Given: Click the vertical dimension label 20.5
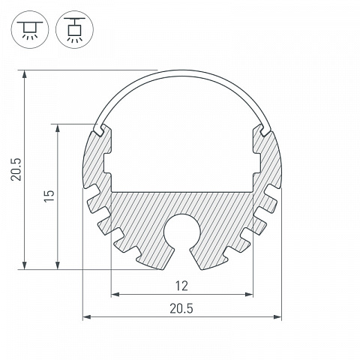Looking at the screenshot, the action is [x=16, y=169].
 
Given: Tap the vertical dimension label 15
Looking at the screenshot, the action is [x=49, y=196].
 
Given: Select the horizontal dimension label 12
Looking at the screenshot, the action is [x=181, y=286].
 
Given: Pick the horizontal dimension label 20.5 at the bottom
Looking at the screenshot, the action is [x=181, y=309].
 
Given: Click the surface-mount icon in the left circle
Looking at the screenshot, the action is [x=30, y=30].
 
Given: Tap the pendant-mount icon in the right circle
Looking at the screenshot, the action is [x=74, y=30].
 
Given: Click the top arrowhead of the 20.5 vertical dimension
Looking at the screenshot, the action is [x=25, y=74].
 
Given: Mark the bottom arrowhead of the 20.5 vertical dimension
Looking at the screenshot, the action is [x=25, y=265].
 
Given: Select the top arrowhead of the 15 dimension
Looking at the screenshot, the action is [x=58, y=128].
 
